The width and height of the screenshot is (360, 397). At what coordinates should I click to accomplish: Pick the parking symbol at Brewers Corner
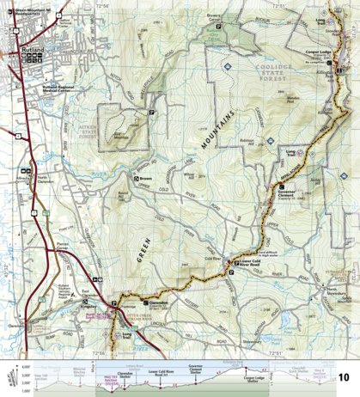218,28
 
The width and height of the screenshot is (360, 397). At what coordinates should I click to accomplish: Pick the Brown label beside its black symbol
145,180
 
